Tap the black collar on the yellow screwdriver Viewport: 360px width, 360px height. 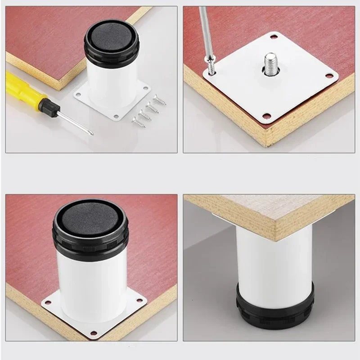click(48, 107)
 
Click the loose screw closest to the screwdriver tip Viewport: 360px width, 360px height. click(138, 121)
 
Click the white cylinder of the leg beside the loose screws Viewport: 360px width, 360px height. click(108, 83)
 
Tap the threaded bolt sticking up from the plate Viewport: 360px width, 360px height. click(271, 63)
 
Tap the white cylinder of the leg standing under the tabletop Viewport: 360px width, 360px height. click(274, 256)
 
